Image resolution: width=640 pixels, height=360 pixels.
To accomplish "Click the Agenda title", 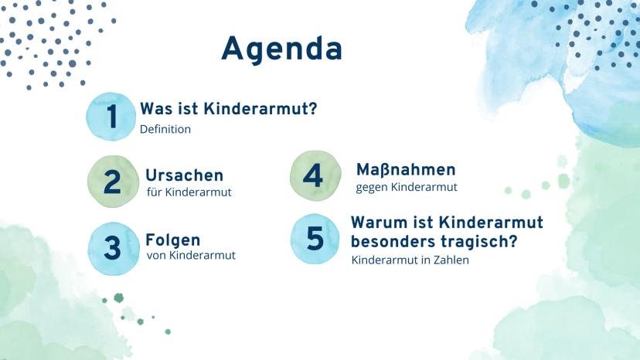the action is (x=281, y=49).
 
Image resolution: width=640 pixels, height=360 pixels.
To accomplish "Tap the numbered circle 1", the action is (x=111, y=117).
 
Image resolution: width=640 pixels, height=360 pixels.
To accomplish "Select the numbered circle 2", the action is (x=113, y=182).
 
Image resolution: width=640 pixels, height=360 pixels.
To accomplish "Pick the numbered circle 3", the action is (x=114, y=248).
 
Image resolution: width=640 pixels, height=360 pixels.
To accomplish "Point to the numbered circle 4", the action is (x=315, y=176).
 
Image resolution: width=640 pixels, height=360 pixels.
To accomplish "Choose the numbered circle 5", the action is (x=315, y=239).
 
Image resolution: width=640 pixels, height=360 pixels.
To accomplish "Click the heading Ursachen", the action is (x=185, y=175).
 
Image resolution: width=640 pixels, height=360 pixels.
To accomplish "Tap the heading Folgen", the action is (x=173, y=240).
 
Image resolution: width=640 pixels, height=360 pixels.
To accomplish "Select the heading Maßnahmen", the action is (x=406, y=169).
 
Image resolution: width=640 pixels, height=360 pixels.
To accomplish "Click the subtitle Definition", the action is (x=165, y=129).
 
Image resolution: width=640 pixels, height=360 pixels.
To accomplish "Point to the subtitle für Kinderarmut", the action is (x=189, y=192).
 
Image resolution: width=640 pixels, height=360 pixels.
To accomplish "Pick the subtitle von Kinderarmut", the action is (x=191, y=256).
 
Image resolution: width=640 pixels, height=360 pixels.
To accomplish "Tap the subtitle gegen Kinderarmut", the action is (x=407, y=188).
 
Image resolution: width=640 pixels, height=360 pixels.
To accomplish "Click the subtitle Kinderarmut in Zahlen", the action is (x=410, y=260).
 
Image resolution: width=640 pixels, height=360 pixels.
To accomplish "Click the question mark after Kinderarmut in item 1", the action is (x=312, y=109).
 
